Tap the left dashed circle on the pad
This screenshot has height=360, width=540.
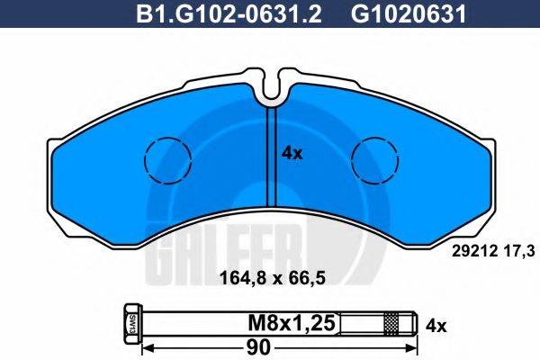pyautogui.click(x=168, y=160)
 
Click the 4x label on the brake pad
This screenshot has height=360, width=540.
pyautogui.click(x=292, y=154)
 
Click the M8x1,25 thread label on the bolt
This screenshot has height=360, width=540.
pyautogui.click(x=282, y=321)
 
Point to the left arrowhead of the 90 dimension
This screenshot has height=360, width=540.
pyautogui.click(x=149, y=346)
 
